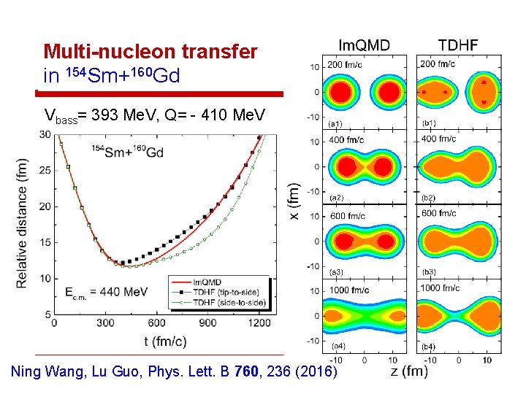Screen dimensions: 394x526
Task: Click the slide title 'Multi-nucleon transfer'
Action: (x=150, y=52)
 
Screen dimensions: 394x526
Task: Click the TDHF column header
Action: (x=458, y=46)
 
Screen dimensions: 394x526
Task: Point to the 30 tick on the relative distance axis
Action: (x=46, y=134)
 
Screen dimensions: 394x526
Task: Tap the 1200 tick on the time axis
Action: (x=258, y=322)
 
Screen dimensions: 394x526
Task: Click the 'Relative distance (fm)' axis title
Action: (x=22, y=222)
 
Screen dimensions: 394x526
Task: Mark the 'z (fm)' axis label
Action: (x=409, y=371)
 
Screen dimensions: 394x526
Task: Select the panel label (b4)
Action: (x=430, y=345)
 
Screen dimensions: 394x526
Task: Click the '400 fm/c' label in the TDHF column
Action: (x=438, y=139)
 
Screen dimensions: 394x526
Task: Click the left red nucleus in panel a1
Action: (x=340, y=92)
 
